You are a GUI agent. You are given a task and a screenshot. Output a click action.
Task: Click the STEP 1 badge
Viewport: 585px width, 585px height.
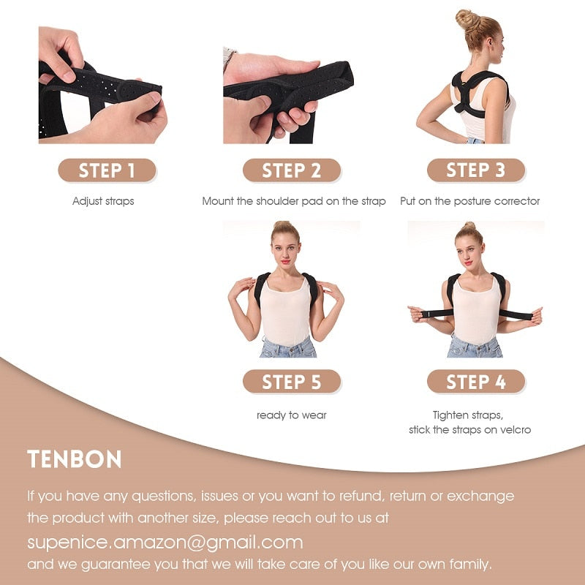107,171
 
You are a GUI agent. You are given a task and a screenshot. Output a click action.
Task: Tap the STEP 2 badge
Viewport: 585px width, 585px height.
291,171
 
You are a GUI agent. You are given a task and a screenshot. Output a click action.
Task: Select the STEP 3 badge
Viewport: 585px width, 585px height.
476,171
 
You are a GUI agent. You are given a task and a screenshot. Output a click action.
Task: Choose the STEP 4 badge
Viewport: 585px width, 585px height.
476,382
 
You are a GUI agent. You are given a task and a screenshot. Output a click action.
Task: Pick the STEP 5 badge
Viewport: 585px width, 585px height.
291,382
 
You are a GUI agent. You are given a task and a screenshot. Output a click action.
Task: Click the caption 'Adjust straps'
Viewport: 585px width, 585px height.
103,201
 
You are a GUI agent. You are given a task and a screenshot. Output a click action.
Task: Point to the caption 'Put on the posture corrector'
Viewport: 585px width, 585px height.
470,201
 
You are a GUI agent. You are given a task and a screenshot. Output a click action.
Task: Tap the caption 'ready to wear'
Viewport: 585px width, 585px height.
291,415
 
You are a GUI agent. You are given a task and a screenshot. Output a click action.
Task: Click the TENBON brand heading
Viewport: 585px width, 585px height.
75,459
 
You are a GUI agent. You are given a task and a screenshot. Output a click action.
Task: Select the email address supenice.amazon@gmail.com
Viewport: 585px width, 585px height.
165,542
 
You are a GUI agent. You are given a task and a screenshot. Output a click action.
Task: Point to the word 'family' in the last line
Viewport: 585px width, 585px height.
472,565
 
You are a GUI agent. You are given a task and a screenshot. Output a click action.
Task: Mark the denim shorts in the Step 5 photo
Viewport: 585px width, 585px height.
288,347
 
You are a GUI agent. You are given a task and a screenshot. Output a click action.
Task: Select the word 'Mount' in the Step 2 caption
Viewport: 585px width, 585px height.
219,201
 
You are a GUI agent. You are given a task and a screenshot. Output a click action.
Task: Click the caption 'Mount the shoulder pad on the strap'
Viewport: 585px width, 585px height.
294,201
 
